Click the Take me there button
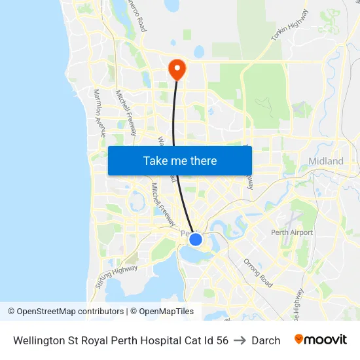point(180,160)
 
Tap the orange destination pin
point(177,69)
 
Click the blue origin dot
point(196,240)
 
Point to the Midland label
point(325,161)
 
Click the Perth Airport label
point(293,232)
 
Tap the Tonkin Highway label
point(289,27)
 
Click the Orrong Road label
point(257,273)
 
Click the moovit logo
point(320,340)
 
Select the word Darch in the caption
point(266,340)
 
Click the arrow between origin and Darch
point(240,340)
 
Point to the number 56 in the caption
point(222,340)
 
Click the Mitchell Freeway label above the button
point(126,113)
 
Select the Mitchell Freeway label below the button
point(162,202)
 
